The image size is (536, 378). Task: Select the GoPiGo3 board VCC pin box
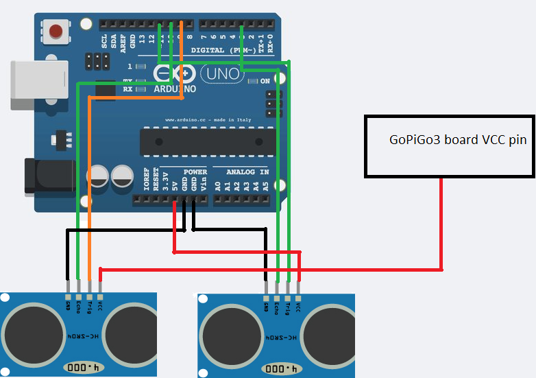450,145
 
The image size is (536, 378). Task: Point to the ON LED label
265,81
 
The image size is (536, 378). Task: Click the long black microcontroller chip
208,141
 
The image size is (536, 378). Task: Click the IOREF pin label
146,180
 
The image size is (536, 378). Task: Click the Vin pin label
204,183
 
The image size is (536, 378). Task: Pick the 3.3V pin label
165,180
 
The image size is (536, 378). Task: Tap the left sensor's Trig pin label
89,305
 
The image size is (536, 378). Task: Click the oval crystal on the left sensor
78,368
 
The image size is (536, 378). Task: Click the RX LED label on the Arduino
127,89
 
